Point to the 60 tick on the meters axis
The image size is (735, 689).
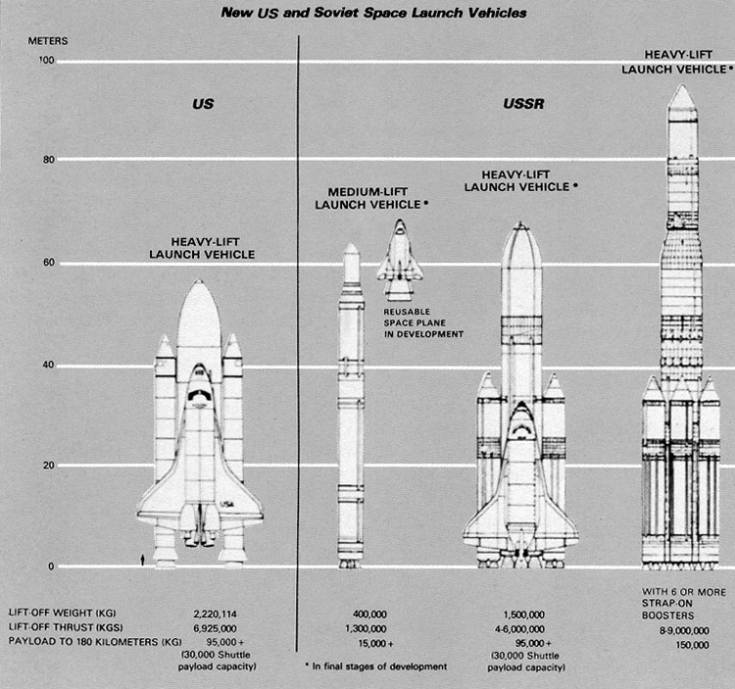click(46, 263)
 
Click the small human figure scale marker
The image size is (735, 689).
click(145, 558)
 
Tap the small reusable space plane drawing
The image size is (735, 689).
click(400, 260)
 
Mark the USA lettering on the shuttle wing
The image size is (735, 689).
click(227, 504)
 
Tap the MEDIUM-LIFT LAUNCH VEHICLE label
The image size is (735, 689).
click(369, 197)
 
